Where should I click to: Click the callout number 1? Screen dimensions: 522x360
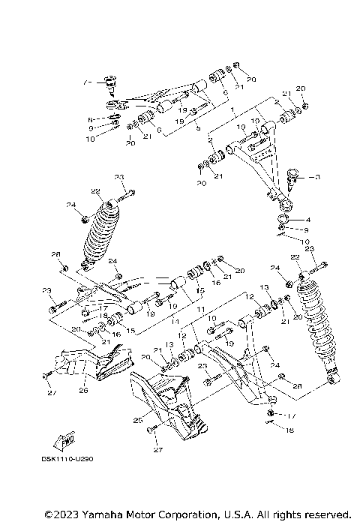click(x=232, y=110)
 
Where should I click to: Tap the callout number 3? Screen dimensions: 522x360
click(x=317, y=178)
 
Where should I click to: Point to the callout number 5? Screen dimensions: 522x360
click(x=198, y=129)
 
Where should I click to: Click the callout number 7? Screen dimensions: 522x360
click(x=87, y=80)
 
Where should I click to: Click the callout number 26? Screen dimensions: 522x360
click(x=84, y=389)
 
